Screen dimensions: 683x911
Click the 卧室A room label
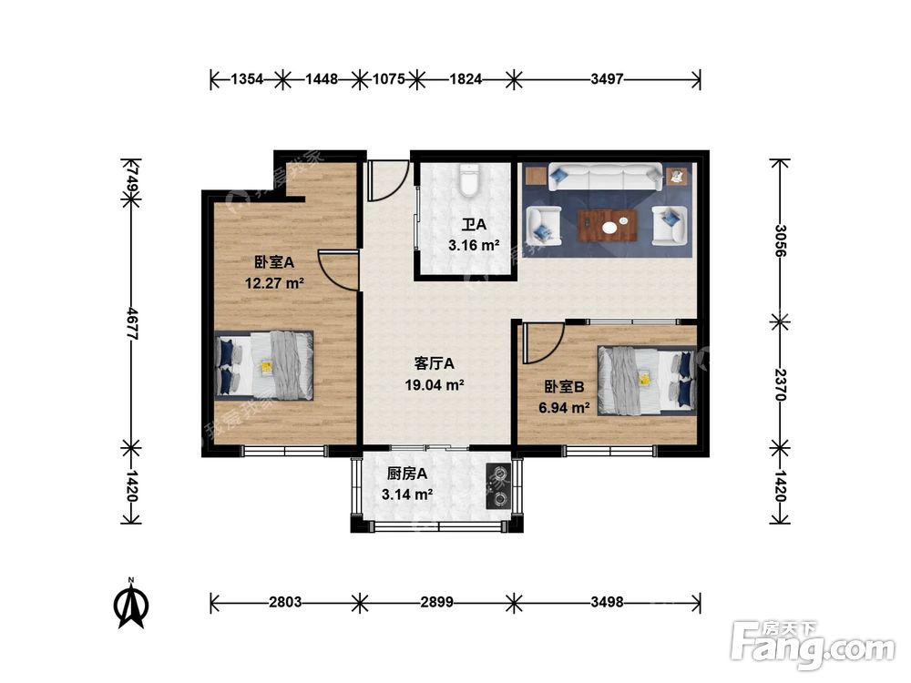tap(273, 262)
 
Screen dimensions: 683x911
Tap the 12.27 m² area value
tap(273, 282)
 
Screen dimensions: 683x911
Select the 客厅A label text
tap(435, 363)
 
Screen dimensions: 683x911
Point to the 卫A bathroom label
tap(473, 225)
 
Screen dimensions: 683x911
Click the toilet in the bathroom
tap(469, 181)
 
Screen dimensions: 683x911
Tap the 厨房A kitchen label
tap(407, 474)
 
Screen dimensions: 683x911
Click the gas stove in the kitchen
tap(499, 484)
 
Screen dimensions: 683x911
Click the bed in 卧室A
tap(264, 364)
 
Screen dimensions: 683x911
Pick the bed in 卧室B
tap(647, 379)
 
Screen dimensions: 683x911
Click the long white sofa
tap(606, 177)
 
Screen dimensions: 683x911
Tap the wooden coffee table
tap(607, 224)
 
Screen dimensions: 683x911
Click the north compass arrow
tap(131, 604)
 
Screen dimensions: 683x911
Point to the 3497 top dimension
tap(607, 79)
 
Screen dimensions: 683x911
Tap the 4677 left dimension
tap(130, 323)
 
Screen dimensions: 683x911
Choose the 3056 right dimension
tap(780, 240)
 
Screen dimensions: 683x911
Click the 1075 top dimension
tap(388, 79)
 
